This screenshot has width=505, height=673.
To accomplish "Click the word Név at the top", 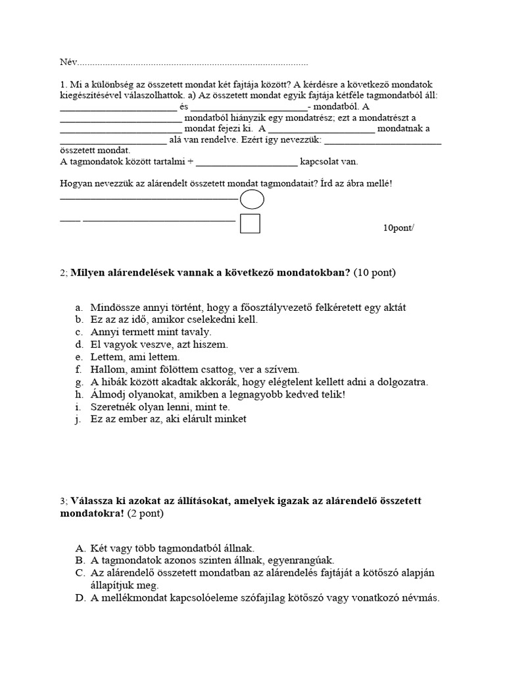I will pos(68,62).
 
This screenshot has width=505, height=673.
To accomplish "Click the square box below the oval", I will pos(250,223).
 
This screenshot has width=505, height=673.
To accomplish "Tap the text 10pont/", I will pos(399,228).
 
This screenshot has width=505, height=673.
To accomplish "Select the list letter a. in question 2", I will pos(79,308).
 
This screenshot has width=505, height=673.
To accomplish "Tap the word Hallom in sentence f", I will pos(107,369).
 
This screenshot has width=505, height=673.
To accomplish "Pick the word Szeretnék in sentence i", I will pos(114,407).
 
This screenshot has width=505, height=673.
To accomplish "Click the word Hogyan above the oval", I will pos(76,183).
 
